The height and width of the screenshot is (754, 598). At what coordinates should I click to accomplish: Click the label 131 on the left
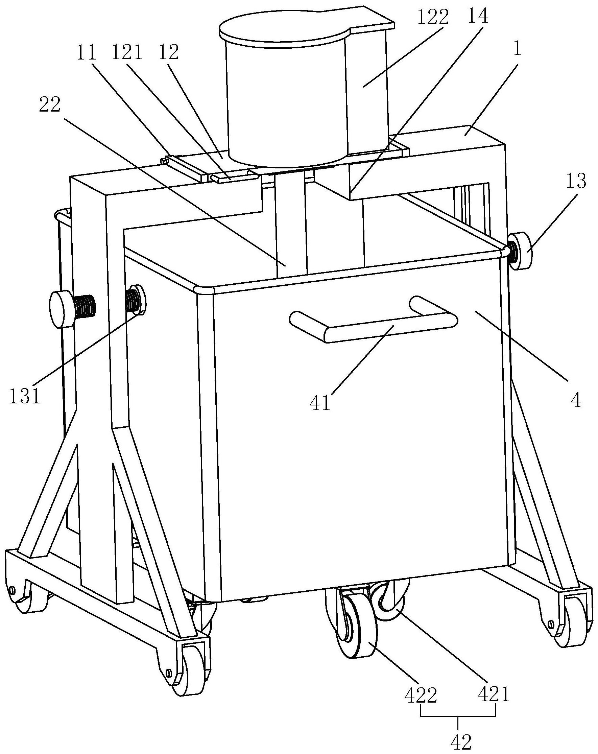pos(24,397)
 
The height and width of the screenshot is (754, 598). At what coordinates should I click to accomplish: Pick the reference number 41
pos(320,403)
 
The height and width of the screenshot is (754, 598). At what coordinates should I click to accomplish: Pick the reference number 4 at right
pos(575,400)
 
